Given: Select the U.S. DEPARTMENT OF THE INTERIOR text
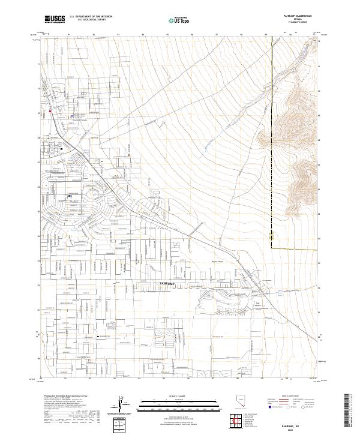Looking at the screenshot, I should click(x=91, y=17).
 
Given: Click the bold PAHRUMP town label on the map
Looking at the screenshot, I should click(x=170, y=281).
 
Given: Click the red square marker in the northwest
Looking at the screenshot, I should click(x=50, y=110).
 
